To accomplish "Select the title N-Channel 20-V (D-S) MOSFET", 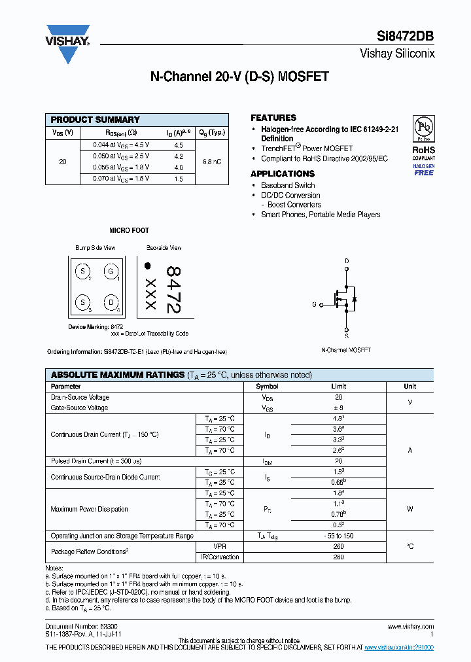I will coord(239,77).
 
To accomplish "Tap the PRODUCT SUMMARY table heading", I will coord(96,120).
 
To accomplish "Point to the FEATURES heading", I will coord(273,118).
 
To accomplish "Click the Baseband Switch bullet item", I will coord(288,185).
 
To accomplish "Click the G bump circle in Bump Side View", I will coord(111,271).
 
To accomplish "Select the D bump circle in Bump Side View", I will coord(111,302).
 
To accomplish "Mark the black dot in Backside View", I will coord(148,266).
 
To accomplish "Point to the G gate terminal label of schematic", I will coord(314,305).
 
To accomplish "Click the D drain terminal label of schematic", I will coord(347,261).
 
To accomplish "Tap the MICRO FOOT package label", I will coord(129,230).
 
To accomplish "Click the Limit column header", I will coord(338,386).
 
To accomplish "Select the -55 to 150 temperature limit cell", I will coord(338,536).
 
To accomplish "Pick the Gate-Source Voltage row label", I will coord(80,408).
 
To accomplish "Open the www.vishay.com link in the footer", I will coord(415,626).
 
